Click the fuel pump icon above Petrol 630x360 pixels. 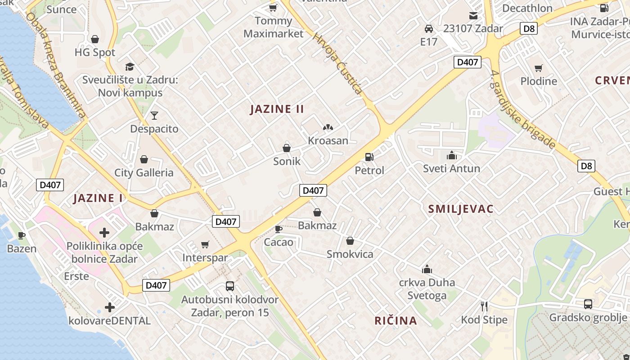369,157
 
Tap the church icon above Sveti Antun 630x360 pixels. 451,156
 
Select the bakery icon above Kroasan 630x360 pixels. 328,128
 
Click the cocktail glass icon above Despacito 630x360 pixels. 154,116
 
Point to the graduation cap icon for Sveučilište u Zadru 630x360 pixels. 130,67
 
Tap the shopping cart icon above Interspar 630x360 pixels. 205,244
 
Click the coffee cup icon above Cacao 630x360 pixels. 279,229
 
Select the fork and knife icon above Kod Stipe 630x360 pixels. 484,306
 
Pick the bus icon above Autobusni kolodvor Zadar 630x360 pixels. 229,286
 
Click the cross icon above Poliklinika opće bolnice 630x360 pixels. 104,233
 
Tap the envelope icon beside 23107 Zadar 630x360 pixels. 473,16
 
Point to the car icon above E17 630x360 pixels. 429,29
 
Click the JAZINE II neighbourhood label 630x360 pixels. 277,109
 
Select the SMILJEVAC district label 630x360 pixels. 461,209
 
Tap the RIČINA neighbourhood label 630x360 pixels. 396,321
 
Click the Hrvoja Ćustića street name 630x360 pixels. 337,63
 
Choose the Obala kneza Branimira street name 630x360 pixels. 56,65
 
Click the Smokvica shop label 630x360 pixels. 350,254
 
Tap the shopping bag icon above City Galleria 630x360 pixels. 144,159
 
